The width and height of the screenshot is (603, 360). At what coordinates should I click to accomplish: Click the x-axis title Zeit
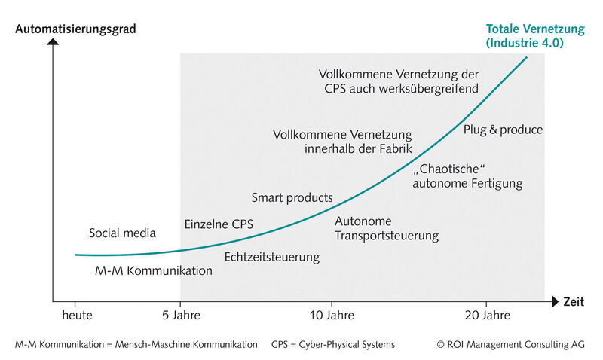coord(574,302)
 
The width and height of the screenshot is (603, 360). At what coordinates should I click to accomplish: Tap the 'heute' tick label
coord(77,315)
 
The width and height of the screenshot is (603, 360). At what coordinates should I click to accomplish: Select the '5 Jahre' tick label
coord(180,315)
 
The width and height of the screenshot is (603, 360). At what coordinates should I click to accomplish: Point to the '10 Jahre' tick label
coord(332,315)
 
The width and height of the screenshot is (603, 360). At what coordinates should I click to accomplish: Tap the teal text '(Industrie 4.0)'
coord(525,43)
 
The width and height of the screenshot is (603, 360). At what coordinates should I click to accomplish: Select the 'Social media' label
coord(122,233)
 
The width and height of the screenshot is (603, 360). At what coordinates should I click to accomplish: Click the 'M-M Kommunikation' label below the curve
coord(154,270)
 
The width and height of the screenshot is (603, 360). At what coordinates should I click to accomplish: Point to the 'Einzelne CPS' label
coord(219,224)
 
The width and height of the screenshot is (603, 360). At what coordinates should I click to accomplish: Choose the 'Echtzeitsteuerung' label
coord(271,257)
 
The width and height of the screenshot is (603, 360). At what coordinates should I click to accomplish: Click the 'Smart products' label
coord(292,197)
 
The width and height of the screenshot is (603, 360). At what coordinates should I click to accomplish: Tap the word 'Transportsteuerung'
coord(387,236)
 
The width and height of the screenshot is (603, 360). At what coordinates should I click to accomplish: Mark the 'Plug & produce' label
coord(503,130)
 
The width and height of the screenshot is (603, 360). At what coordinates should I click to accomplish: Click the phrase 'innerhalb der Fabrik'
coord(358,149)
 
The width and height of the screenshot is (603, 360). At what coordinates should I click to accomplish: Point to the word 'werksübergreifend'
coord(426,89)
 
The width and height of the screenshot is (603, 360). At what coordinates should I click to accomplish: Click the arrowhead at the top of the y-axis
coord(53,42)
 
